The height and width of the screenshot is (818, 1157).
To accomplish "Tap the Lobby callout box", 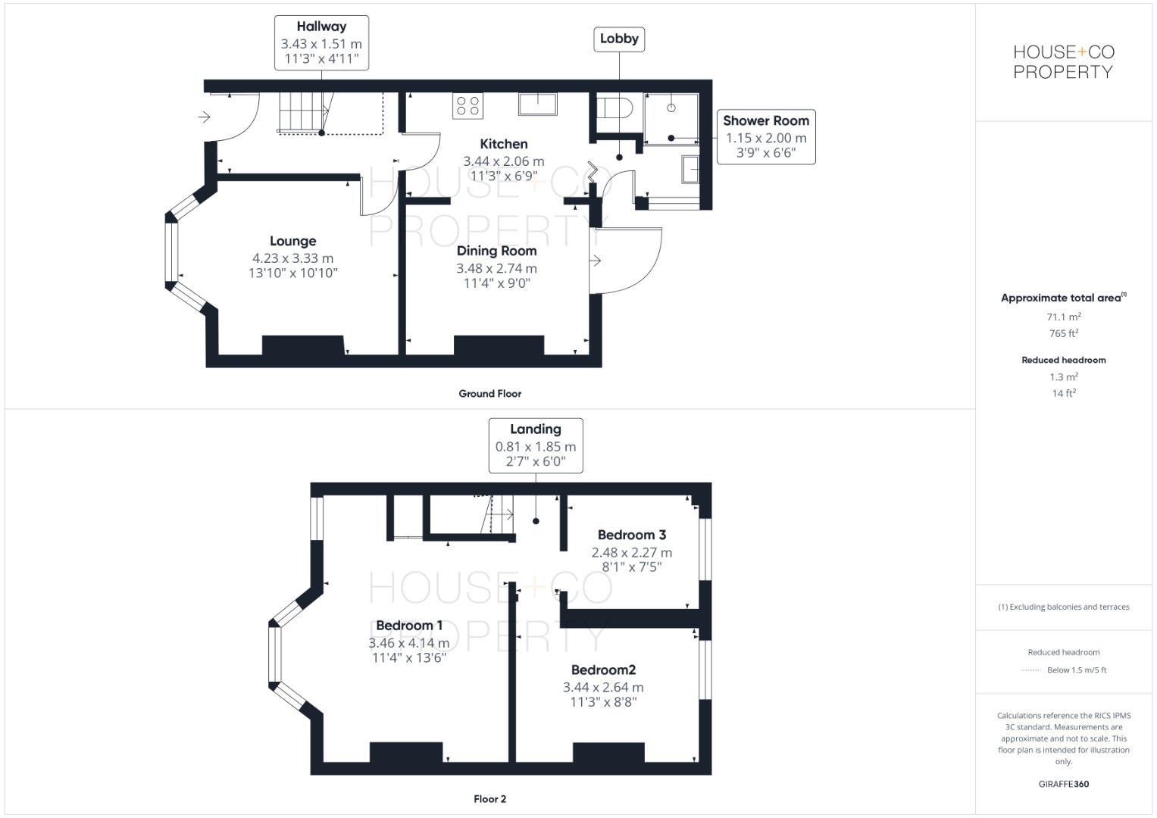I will point(619,39).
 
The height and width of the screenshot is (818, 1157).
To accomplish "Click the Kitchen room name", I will point(504,144).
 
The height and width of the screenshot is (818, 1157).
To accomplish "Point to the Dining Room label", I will point(496,251).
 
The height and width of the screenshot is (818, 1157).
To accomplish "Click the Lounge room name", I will point(292,241).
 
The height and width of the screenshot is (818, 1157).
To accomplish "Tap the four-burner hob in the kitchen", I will point(467,105).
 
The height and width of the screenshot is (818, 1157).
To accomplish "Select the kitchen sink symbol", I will point(538,104).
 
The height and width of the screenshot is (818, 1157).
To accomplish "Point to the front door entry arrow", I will point(204,117).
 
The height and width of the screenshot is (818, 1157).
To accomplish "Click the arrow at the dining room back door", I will point(596,261).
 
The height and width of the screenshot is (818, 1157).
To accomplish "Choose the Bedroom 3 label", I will point(631,535).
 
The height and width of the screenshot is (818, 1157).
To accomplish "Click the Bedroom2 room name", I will point(603,670).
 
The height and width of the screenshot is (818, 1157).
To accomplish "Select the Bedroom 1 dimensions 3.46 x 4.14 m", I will point(409,643).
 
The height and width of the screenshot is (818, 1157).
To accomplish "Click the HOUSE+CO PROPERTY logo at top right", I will point(1064,62).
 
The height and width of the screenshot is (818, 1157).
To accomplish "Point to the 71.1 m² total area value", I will point(1063,317).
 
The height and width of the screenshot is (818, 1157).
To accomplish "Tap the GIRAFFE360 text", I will point(1063,784).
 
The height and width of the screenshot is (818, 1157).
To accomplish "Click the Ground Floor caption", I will point(489,393).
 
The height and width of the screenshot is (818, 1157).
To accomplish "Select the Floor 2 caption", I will point(489,798).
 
